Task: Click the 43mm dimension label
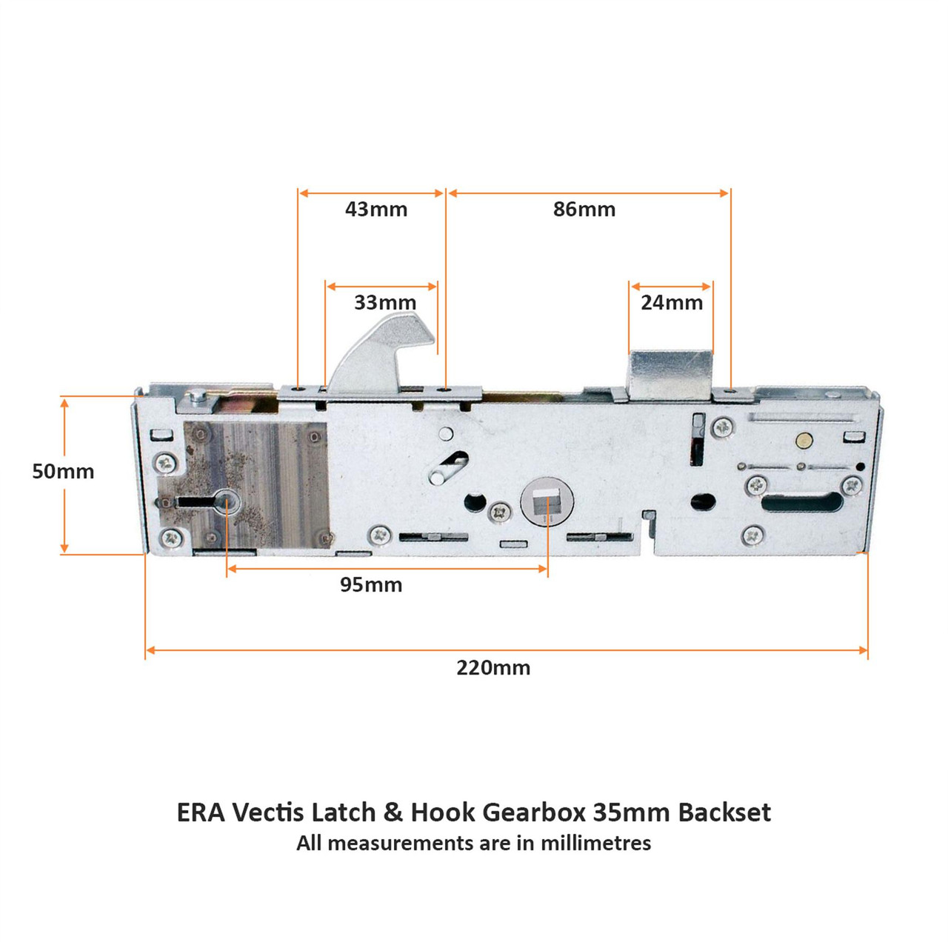point(375,210)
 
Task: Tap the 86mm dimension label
point(584,210)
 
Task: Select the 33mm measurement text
point(385,303)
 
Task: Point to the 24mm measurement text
point(672,303)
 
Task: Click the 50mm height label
point(63,471)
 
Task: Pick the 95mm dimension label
point(371,584)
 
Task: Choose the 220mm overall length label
point(493,668)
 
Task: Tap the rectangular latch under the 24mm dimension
point(671,375)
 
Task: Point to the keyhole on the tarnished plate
point(207,502)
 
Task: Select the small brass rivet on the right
point(803,440)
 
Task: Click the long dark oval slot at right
point(802,502)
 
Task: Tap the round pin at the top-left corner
point(197,395)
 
